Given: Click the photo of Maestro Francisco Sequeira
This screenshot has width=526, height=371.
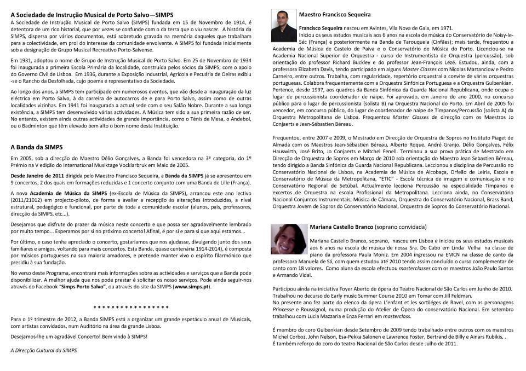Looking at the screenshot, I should (x=283, y=26).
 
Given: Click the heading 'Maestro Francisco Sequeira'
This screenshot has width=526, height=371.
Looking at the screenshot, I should (x=335, y=14).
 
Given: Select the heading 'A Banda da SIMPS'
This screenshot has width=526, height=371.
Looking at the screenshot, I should (x=37, y=147).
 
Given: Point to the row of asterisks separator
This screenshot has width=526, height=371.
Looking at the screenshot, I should (x=131, y=308).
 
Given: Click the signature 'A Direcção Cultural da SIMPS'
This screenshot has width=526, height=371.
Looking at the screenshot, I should (x=44, y=350).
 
